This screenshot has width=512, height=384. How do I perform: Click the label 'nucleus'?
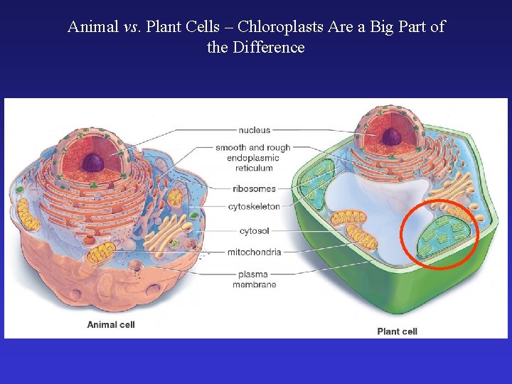(x=254, y=130)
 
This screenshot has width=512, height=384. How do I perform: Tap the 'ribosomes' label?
(x=254, y=188)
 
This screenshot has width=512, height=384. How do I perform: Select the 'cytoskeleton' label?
(x=254, y=206)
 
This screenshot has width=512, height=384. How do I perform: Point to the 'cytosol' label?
(x=254, y=232)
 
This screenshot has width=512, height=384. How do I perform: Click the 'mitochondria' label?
(x=254, y=252)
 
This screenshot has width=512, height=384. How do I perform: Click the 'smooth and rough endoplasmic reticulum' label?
(x=253, y=158)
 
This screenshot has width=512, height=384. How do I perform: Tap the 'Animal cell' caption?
(x=110, y=324)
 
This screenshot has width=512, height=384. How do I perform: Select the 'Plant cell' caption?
(x=397, y=331)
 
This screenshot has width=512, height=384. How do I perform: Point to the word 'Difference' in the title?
(x=266, y=48)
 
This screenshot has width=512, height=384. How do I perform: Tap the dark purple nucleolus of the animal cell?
(x=92, y=163)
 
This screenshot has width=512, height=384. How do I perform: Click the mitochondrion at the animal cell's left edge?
(x=27, y=214)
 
